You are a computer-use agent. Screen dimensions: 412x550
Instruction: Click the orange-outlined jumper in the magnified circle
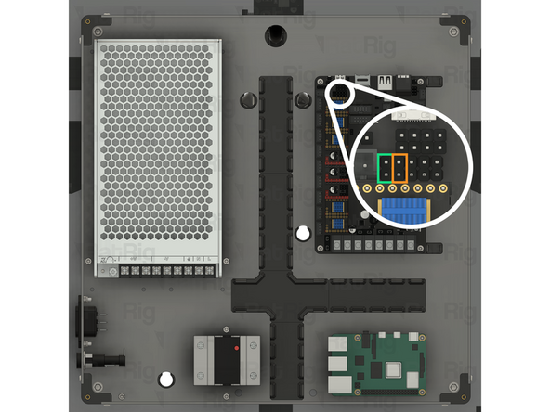pos(400,167)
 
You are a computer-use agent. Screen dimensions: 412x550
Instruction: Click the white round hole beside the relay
pos(167,378)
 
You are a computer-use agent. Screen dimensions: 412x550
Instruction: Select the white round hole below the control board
pos(301,233)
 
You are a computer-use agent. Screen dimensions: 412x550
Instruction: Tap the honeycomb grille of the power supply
pos(158,148)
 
